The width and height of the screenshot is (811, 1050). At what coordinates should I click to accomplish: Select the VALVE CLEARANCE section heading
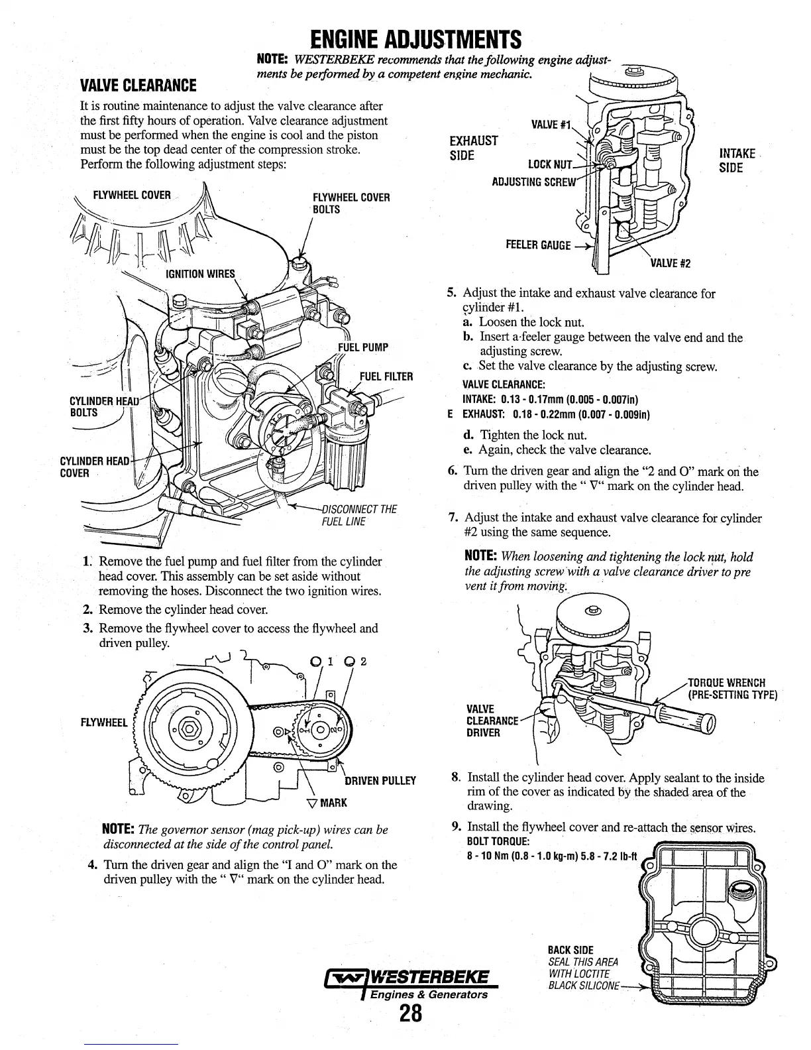pyautogui.click(x=138, y=86)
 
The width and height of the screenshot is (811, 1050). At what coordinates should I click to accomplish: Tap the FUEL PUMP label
pyautogui.click(x=362, y=347)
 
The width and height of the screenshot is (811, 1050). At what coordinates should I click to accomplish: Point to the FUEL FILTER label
pyautogui.click(x=386, y=377)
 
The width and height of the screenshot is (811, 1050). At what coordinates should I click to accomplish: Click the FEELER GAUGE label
pyautogui.click(x=538, y=245)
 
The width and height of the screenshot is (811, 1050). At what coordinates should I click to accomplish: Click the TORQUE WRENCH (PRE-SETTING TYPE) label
pyautogui.click(x=731, y=689)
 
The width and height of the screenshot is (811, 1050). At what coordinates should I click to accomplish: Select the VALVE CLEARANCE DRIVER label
pyautogui.click(x=492, y=721)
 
